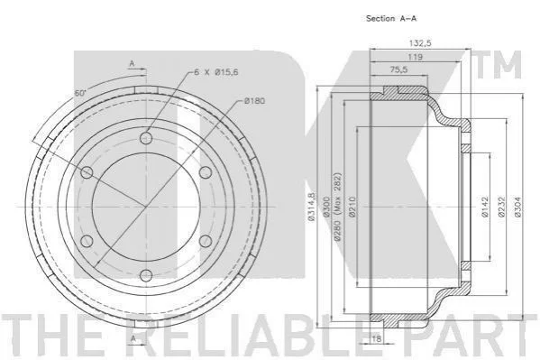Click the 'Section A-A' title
(391, 19)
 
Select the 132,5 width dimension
(420, 43)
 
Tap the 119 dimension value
(415, 57)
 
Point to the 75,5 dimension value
(398, 69)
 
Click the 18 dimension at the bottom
(377, 338)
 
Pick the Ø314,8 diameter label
(311, 207)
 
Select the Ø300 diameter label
(326, 207)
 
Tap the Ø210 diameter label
(352, 207)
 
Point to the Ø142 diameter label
(484, 207)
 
